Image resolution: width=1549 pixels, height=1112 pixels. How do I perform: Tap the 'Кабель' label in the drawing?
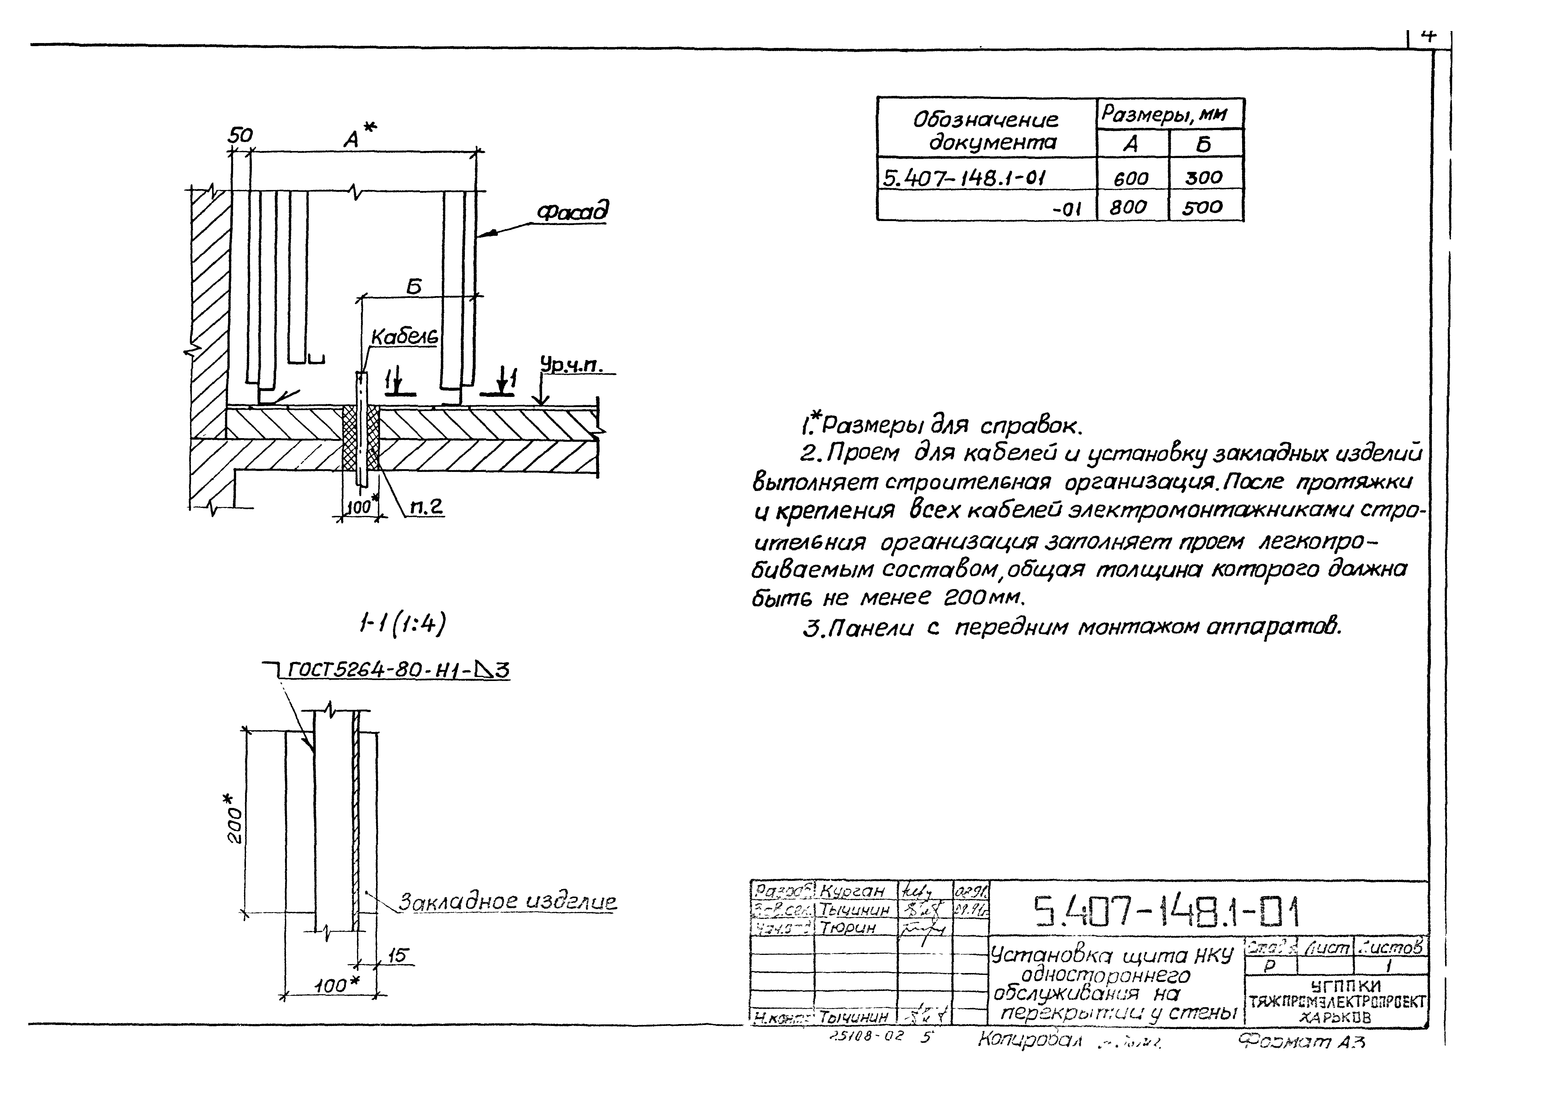pos(404,337)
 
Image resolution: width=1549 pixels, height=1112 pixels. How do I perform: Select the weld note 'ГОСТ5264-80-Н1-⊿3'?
pos(396,670)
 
